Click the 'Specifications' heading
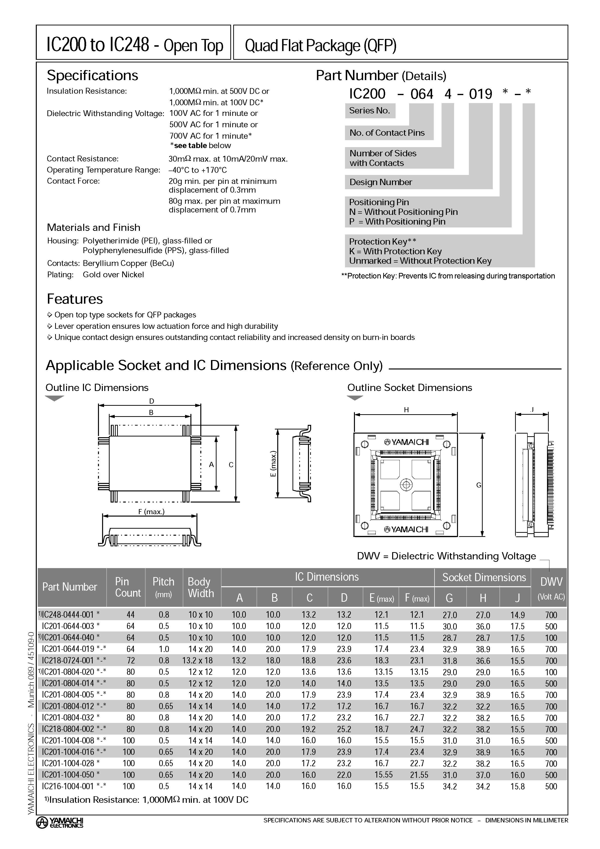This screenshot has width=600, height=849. point(92,75)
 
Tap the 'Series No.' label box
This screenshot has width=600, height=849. point(370,111)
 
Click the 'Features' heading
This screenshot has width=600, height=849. point(75,299)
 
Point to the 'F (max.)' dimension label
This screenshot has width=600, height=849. point(151,512)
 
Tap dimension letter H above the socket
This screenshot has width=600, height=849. point(406,410)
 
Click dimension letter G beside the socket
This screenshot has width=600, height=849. point(479,485)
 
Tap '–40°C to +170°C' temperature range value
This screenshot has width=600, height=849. point(198,170)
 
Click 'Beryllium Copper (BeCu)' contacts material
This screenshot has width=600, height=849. point(128,263)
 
